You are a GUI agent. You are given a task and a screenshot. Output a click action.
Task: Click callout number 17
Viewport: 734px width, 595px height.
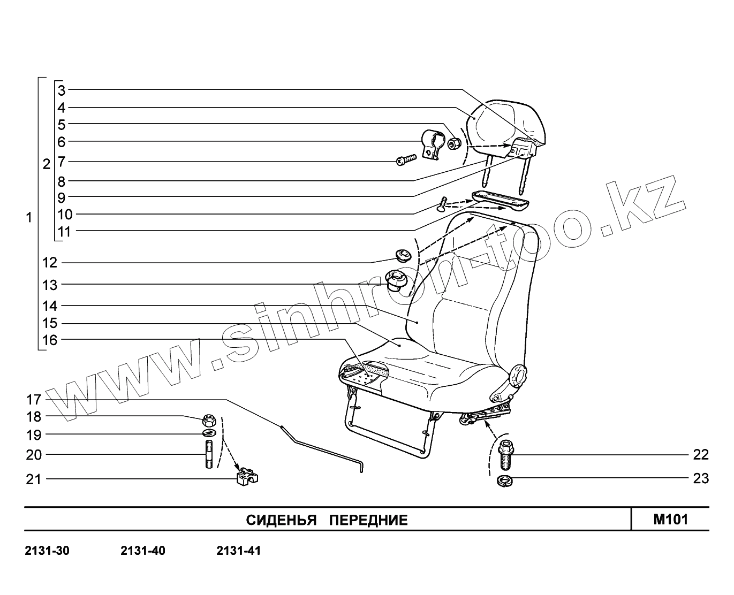click(33, 399)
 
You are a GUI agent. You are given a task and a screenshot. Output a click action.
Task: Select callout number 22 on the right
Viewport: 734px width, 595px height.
click(700, 455)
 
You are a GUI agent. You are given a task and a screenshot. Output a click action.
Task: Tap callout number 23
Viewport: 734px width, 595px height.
click(700, 478)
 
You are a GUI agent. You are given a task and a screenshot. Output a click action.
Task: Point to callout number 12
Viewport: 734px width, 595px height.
click(50, 263)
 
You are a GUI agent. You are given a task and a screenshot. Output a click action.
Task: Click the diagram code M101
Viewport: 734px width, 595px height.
click(670, 519)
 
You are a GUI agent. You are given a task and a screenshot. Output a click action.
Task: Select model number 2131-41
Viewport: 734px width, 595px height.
click(238, 551)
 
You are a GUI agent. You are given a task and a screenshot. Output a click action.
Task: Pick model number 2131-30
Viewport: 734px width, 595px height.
click(47, 551)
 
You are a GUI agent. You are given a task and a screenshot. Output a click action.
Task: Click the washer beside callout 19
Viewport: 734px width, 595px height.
click(209, 433)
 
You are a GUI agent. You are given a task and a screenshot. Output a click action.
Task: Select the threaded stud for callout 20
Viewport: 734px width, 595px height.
click(209, 454)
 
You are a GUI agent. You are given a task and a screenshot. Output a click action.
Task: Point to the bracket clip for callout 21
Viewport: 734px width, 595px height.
click(247, 476)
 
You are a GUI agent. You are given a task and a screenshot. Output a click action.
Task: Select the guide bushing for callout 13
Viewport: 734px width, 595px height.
click(397, 279)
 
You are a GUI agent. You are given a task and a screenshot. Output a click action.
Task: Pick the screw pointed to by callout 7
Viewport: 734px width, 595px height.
click(407, 159)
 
